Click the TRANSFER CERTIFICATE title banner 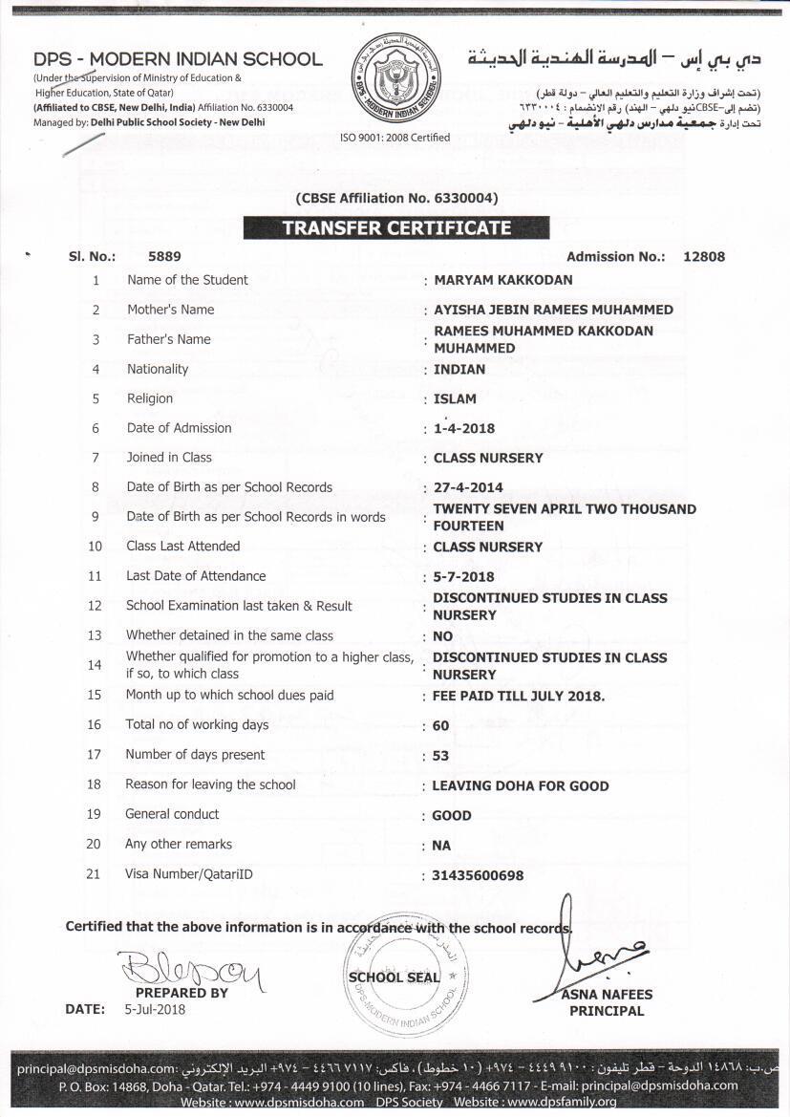click(x=395, y=228)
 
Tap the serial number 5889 click(x=164, y=256)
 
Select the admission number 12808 click(x=704, y=256)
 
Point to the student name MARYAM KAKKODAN click(x=502, y=280)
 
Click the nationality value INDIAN click(x=459, y=369)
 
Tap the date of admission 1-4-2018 click(x=464, y=428)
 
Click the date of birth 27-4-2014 click(x=468, y=488)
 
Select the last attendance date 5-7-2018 click(x=464, y=577)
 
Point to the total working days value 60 click(x=440, y=725)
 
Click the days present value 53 click(x=440, y=755)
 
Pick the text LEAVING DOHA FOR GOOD click(x=521, y=785)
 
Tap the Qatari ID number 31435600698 click(x=479, y=874)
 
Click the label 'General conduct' click(x=172, y=814)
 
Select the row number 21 click(x=94, y=873)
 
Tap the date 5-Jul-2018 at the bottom click(x=155, y=1009)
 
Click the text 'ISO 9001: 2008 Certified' click(x=395, y=138)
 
